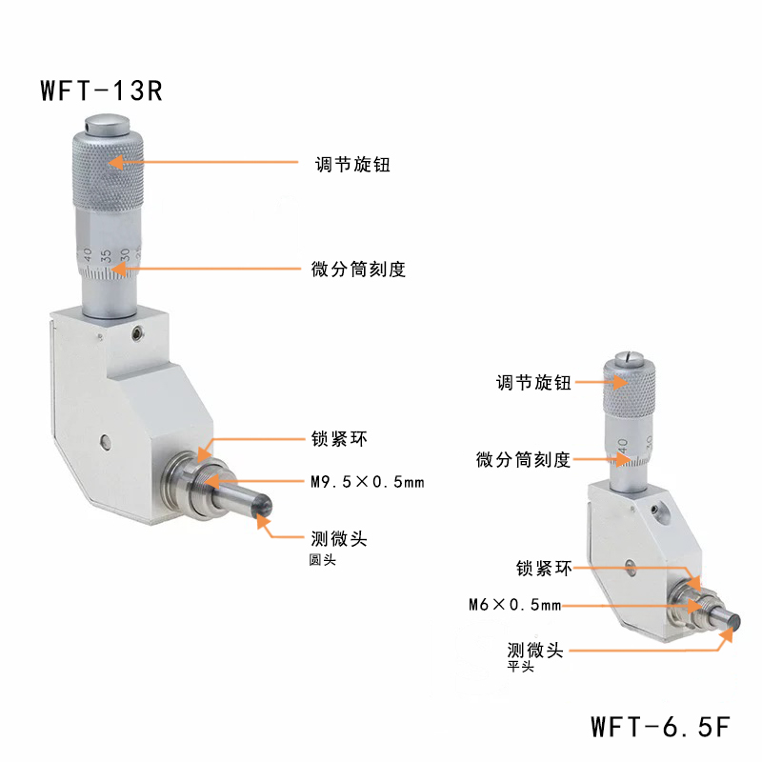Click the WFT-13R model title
point(101,90)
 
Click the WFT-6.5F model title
point(660,727)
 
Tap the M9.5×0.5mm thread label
point(368,482)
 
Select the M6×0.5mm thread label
point(514,605)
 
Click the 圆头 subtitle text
point(322,560)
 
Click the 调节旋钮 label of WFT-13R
point(352,164)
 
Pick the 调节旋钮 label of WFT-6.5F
point(533,383)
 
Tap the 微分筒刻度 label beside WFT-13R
point(358,269)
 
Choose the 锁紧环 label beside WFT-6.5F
point(544,568)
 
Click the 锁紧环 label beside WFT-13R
point(339,439)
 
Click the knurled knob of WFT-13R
point(108,170)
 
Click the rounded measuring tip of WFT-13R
point(264,507)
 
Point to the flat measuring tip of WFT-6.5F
point(734,622)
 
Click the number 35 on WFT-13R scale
point(106,255)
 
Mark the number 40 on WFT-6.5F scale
point(623,444)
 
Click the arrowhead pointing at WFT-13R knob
point(115,162)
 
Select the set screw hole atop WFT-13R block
point(137,332)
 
